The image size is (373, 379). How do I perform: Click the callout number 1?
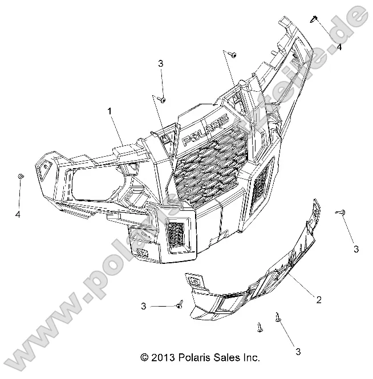[109, 112]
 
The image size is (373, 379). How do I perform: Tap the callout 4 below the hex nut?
[18, 214]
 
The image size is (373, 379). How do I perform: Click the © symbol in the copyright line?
[144, 358]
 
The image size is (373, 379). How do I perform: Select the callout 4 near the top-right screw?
[339, 47]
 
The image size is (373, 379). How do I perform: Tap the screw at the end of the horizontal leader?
[179, 305]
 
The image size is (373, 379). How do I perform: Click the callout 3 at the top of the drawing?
[161, 63]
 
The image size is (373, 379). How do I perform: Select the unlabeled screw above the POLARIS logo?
[234, 54]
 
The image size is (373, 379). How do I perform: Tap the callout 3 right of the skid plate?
[356, 249]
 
